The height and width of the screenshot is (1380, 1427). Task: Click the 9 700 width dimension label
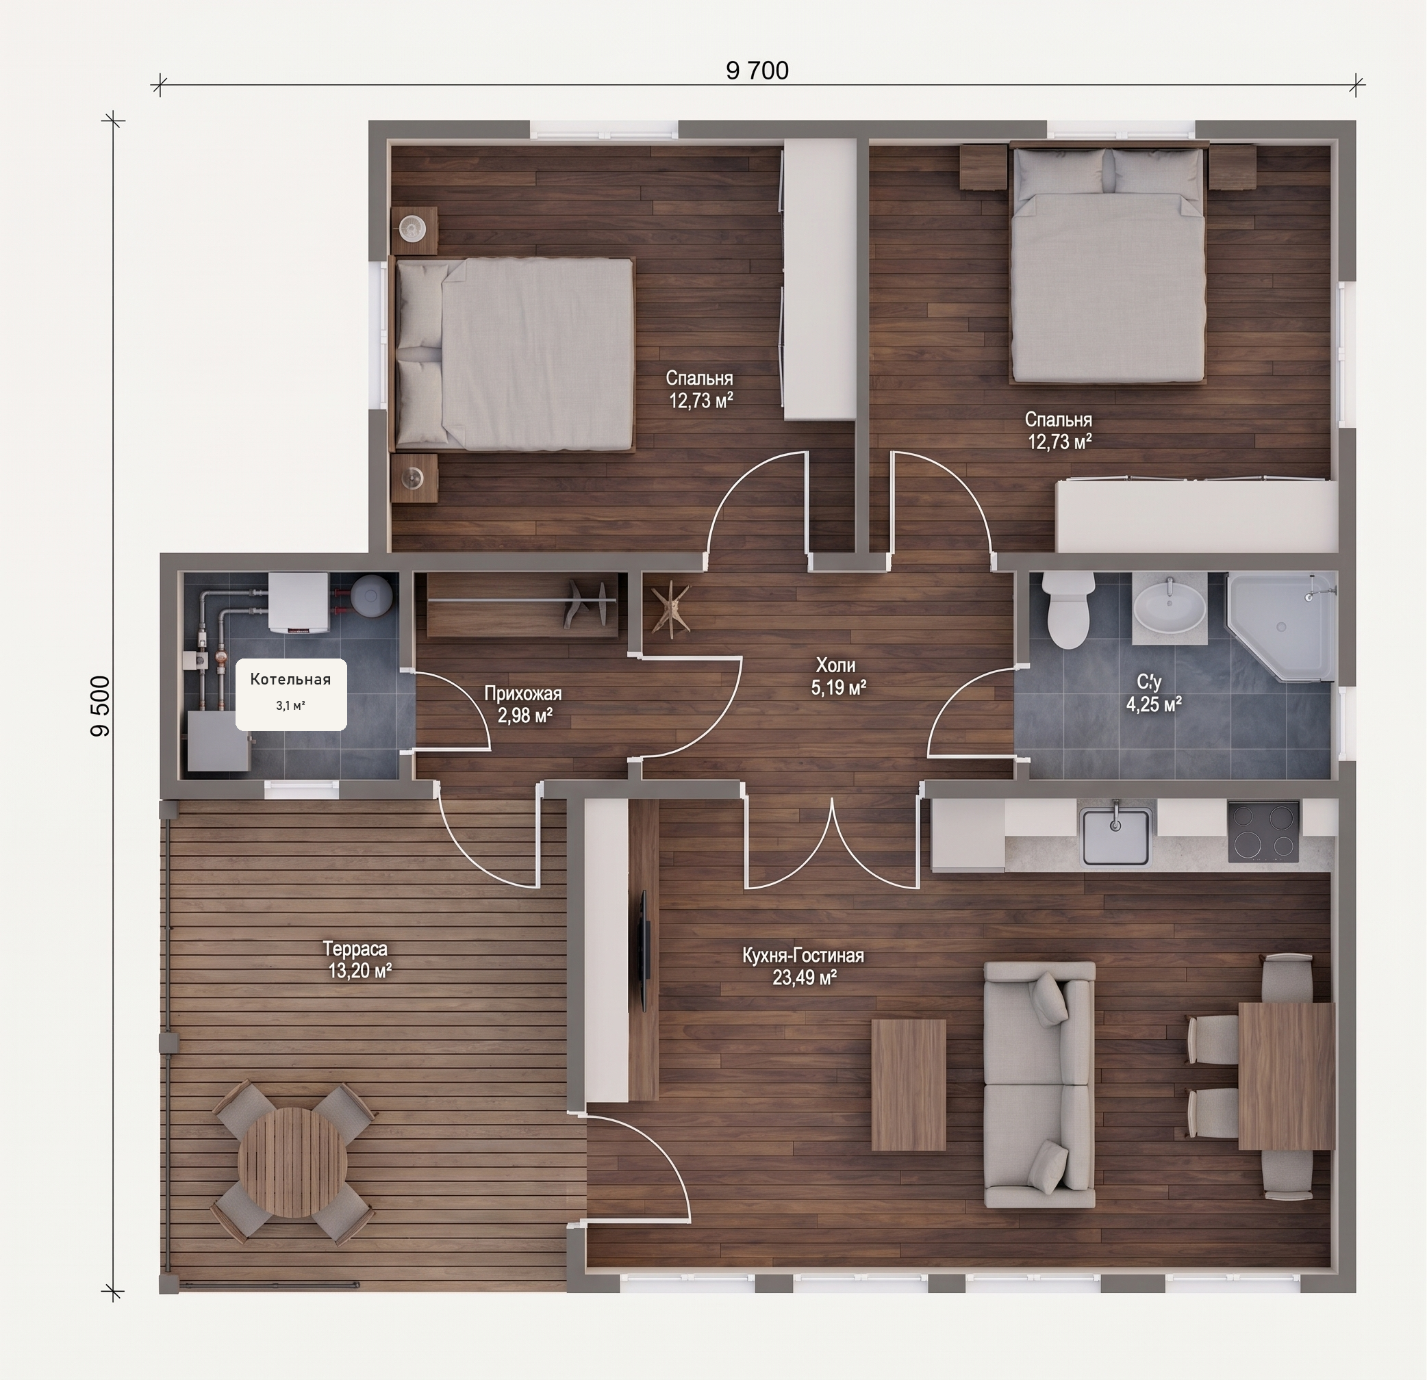point(757,71)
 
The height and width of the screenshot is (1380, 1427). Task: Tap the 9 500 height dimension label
point(101,706)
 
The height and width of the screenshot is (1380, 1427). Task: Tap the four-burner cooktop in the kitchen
point(1263,831)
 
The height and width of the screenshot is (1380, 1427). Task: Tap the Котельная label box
point(290,694)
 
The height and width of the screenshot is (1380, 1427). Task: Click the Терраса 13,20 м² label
point(357,959)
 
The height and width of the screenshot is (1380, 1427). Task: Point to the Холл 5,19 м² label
point(838,676)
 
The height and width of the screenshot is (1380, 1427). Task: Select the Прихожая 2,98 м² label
point(523,704)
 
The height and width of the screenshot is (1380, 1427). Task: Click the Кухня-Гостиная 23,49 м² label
point(803,966)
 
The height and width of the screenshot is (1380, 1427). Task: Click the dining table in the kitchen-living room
point(1287,1077)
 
